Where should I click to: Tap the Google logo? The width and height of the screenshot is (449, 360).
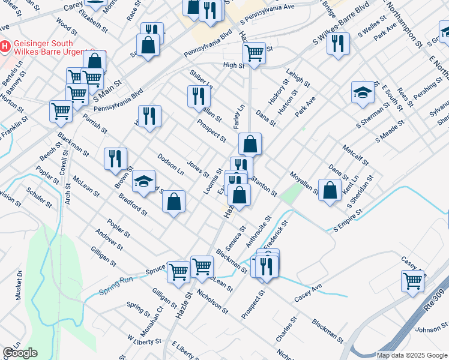tap(20, 353)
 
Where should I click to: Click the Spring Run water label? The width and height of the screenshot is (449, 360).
tap(116, 285)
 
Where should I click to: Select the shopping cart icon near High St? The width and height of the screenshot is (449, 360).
tap(255, 53)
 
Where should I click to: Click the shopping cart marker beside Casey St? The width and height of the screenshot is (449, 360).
tap(413, 281)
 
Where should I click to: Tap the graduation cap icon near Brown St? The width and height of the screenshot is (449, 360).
tap(143, 181)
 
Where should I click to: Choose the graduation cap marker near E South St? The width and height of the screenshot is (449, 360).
tap(363, 91)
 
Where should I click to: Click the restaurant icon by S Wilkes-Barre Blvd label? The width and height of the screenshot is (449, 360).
tap(339, 43)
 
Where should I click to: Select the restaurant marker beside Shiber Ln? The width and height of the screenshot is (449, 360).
tap(198, 96)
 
